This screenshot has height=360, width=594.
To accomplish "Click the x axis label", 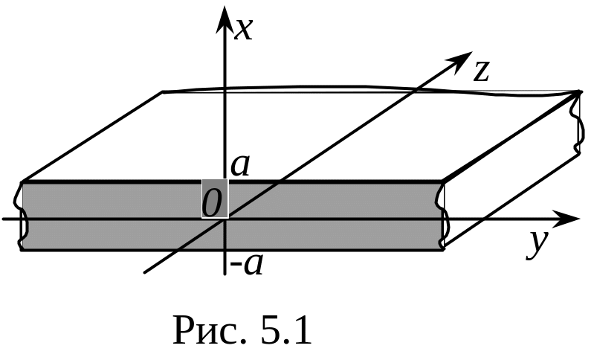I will coord(244,28).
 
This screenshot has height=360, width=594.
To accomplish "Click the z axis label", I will coord(482,71).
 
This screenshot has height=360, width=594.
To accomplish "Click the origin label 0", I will coord(214,201).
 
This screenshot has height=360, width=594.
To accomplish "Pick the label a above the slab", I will coord(239,164).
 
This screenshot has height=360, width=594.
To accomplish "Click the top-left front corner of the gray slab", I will coord(22,182).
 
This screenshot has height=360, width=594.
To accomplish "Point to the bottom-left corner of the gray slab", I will coord(22,249).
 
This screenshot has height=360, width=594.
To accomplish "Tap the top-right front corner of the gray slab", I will coord(444,182).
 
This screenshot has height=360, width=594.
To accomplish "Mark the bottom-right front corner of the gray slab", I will coord(444,249).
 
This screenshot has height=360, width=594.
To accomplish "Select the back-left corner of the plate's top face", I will coord(163,92).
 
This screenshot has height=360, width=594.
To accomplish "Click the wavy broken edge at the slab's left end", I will coord(19,216).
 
